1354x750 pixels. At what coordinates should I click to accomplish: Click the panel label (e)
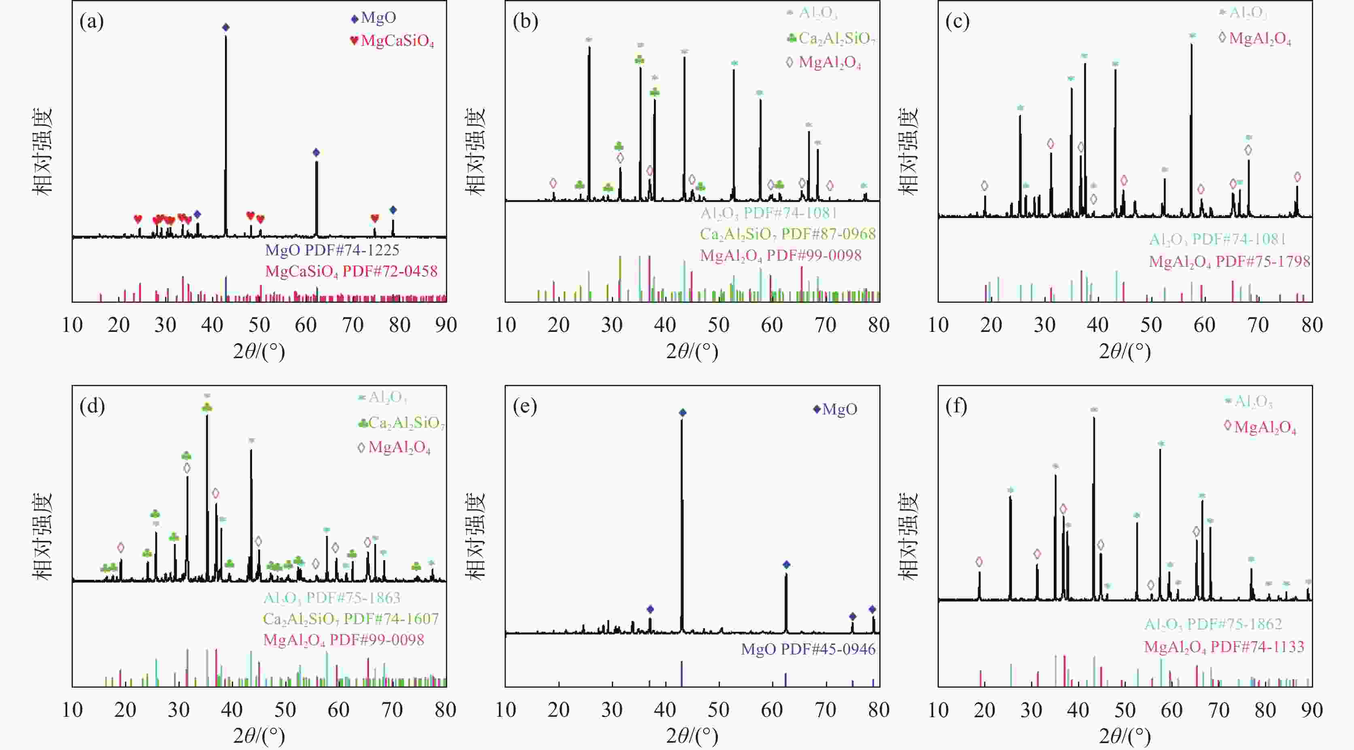(524, 406)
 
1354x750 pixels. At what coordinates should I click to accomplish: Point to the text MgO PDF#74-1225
(332, 250)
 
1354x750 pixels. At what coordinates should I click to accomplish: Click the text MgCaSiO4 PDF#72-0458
(351, 271)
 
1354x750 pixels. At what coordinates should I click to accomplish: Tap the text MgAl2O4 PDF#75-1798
(1229, 261)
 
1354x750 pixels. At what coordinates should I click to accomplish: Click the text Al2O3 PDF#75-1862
(1213, 624)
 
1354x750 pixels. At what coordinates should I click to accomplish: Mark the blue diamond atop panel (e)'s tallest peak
(682, 412)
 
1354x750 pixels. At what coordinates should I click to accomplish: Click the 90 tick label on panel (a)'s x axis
(446, 325)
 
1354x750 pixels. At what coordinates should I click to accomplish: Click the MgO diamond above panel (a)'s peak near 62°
(316, 153)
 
